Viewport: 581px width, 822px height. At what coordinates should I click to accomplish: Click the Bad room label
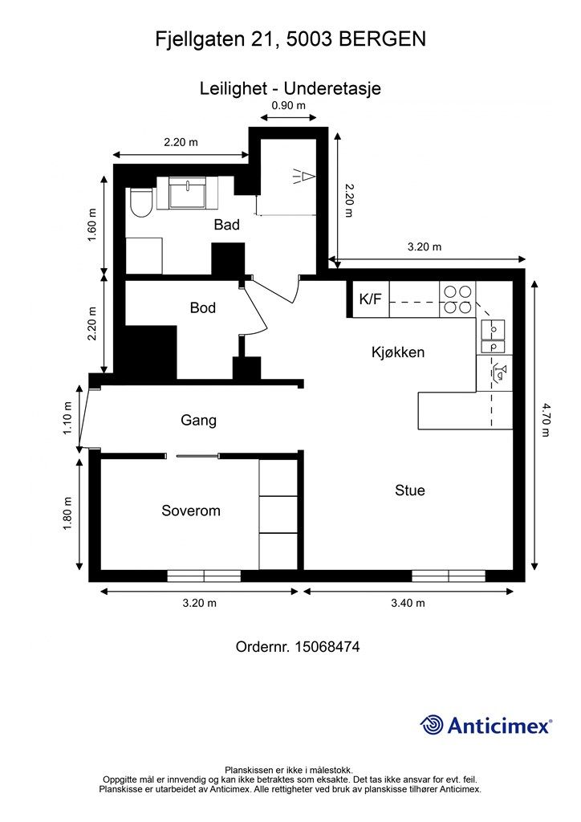[226, 225]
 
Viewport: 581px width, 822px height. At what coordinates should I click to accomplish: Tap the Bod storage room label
[203, 307]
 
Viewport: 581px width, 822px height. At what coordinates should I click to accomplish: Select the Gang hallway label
[198, 421]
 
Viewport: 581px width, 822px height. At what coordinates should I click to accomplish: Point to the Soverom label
[191, 511]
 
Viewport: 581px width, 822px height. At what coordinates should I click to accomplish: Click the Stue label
[410, 490]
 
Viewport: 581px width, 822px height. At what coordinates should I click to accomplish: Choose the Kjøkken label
[398, 352]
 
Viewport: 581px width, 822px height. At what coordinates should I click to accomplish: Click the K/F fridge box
[371, 299]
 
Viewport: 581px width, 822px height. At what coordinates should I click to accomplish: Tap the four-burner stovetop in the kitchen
[458, 299]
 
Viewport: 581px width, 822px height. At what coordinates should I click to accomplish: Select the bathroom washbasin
[188, 193]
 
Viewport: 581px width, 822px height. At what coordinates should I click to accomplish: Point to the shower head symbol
[304, 176]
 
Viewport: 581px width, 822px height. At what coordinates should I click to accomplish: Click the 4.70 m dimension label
[546, 420]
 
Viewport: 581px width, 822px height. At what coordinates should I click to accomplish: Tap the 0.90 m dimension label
[288, 105]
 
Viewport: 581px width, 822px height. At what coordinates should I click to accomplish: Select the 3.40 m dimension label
[408, 603]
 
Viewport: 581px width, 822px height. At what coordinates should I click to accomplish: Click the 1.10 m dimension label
[67, 417]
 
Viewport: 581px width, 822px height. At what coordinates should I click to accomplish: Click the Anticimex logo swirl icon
[431, 725]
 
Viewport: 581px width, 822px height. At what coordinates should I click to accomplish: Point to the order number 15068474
[327, 646]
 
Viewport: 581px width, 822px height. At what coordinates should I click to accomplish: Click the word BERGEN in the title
[383, 39]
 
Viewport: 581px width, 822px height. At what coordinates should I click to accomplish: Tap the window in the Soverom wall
[204, 576]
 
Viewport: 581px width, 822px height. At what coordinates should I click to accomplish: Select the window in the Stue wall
[449, 576]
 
